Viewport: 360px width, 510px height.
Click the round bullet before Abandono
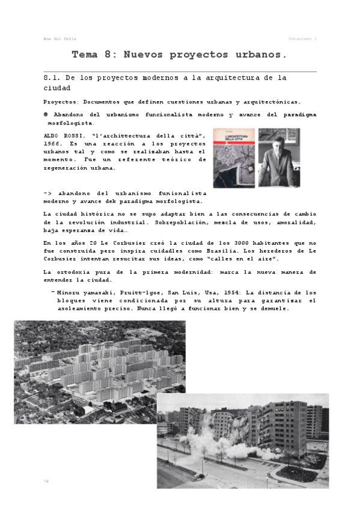(46, 114)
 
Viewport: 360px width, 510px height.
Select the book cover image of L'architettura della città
(233, 158)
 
